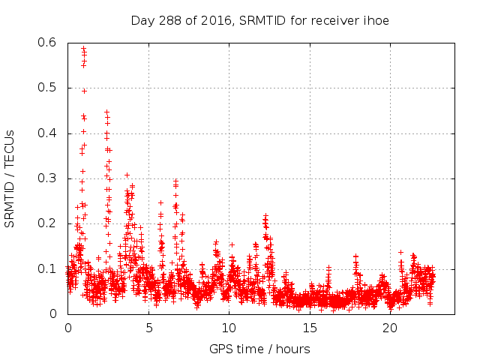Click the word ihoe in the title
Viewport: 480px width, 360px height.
click(375, 19)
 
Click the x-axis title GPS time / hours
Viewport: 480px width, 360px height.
click(259, 349)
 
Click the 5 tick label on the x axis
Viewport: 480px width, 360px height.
click(148, 328)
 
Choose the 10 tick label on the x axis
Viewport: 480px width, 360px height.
click(229, 328)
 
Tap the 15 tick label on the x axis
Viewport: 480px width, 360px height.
click(310, 328)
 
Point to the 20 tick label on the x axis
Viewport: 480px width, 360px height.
click(390, 328)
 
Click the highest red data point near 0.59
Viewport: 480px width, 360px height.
click(83, 48)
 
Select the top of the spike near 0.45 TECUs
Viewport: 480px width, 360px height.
click(106, 112)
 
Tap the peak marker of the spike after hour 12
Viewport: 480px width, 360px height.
click(265, 217)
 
